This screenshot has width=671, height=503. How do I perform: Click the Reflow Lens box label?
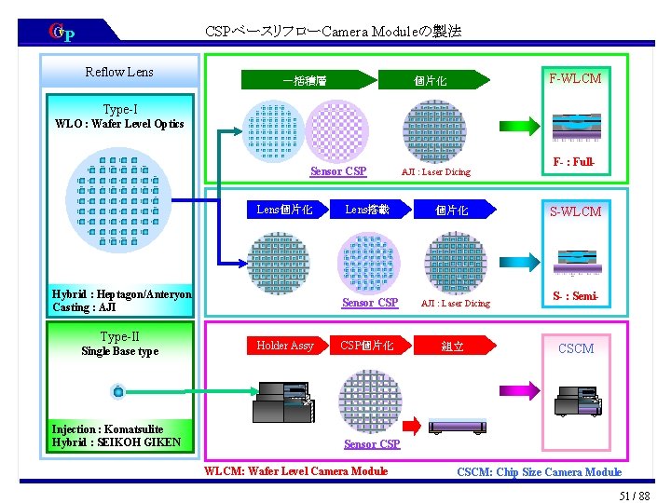119,72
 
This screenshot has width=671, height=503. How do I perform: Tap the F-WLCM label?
576,78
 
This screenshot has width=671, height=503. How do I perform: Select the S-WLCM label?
576,211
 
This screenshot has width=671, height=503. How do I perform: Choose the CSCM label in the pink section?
576,348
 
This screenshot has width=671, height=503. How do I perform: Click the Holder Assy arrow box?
285,346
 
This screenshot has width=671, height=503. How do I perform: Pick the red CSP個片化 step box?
369,346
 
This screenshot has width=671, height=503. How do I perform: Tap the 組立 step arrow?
454,347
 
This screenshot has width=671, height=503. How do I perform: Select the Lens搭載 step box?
369,210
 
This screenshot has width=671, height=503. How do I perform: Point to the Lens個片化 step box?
285,210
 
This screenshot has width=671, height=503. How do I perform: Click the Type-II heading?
120,336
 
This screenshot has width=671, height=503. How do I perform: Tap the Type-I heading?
120,109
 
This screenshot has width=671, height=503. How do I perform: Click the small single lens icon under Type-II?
117,390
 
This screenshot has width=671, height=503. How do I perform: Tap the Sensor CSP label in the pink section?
372,443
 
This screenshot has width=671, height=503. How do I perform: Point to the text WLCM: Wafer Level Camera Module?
295,471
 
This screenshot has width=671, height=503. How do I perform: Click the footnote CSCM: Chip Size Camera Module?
539,472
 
